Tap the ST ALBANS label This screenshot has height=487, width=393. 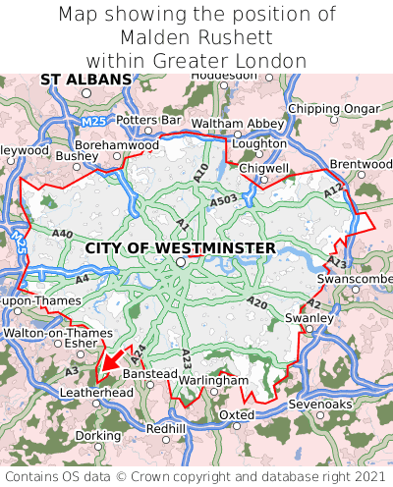coord(85,79)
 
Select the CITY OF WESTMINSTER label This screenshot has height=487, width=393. coord(181,247)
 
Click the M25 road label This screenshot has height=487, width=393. coord(94,121)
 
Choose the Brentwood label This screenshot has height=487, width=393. coord(361,163)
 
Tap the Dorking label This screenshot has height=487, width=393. coord(98,435)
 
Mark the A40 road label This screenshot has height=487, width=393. coord(63,233)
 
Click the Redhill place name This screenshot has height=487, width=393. coord(165,429)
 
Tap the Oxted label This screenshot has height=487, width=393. coord(237,414)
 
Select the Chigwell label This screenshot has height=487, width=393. coord(264,169)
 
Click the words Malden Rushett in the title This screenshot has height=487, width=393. coord(196,37)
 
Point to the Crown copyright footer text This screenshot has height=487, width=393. coord(196,474)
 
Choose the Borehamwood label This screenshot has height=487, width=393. coord(117,144)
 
